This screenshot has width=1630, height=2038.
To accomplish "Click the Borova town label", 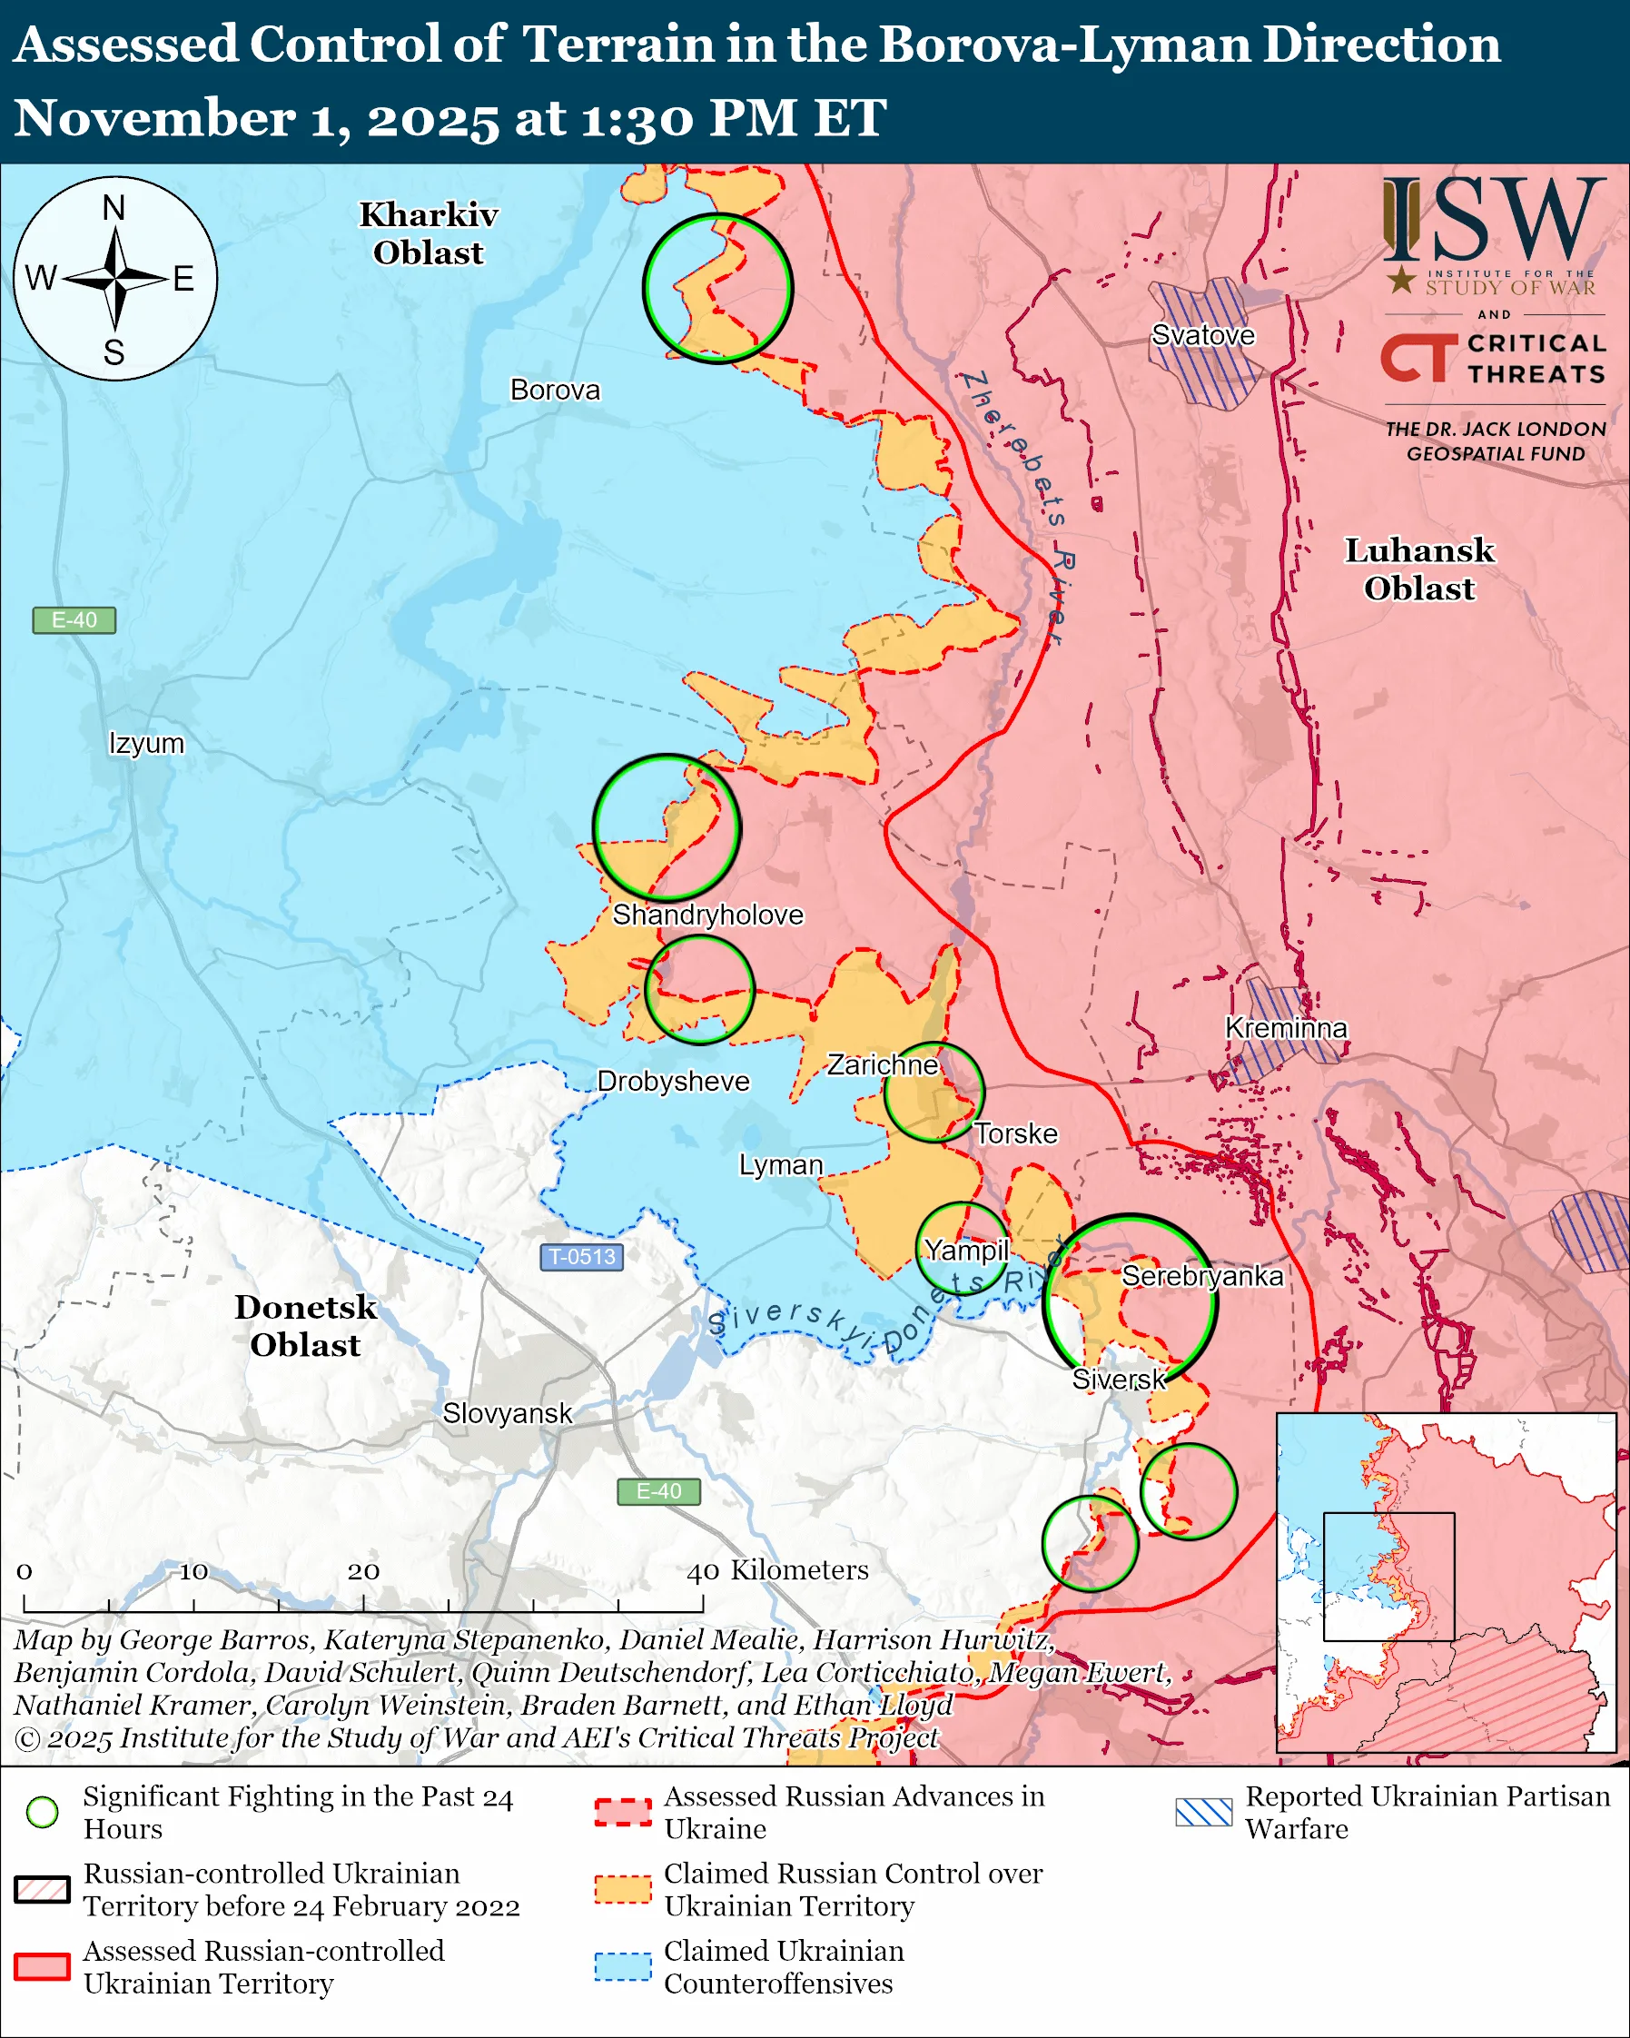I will click(x=555, y=390).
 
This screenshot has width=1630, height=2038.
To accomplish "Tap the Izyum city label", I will click(x=146, y=743).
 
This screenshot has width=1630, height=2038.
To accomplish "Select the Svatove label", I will click(x=1202, y=334).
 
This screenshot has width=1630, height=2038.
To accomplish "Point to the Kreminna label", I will click(x=1285, y=1027).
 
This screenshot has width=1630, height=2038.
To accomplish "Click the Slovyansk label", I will click(x=507, y=1413).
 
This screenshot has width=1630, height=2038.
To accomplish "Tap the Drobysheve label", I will click(x=673, y=1081).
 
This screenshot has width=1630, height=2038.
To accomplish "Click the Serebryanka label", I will click(x=1201, y=1276).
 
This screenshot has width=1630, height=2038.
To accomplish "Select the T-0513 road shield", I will click(x=581, y=1256).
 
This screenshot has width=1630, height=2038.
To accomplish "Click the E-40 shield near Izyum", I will click(x=74, y=620).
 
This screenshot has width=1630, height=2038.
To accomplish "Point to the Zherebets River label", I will click(x=1017, y=505).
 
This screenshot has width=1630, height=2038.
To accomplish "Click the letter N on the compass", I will click(x=114, y=208).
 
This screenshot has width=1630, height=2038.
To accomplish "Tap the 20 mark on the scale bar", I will click(x=363, y=1570).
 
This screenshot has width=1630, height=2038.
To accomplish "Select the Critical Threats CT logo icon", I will click(x=1418, y=356).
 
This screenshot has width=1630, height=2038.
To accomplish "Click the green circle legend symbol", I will click(x=43, y=1811).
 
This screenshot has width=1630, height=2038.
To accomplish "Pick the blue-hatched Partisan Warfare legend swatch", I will click(x=1203, y=1811).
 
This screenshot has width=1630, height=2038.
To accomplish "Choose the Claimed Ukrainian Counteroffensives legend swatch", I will click(x=623, y=1966).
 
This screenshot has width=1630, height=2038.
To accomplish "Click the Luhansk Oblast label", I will click(x=1418, y=569).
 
